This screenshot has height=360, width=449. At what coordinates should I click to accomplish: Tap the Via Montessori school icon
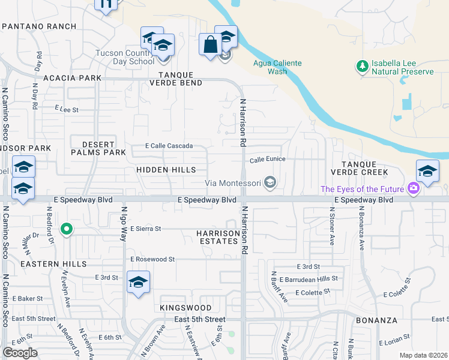271,183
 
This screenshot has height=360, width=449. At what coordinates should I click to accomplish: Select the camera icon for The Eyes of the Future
413,189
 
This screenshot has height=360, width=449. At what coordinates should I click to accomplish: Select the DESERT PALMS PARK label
98,148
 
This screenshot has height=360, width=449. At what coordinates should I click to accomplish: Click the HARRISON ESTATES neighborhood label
218,236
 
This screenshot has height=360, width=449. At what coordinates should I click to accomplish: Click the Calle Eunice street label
267,160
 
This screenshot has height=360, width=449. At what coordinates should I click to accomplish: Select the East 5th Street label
200,320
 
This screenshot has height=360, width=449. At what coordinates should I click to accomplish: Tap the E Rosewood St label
152,259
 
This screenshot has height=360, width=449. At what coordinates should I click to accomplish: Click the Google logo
20,353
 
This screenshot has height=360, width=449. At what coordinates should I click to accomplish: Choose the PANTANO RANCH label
39,26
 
